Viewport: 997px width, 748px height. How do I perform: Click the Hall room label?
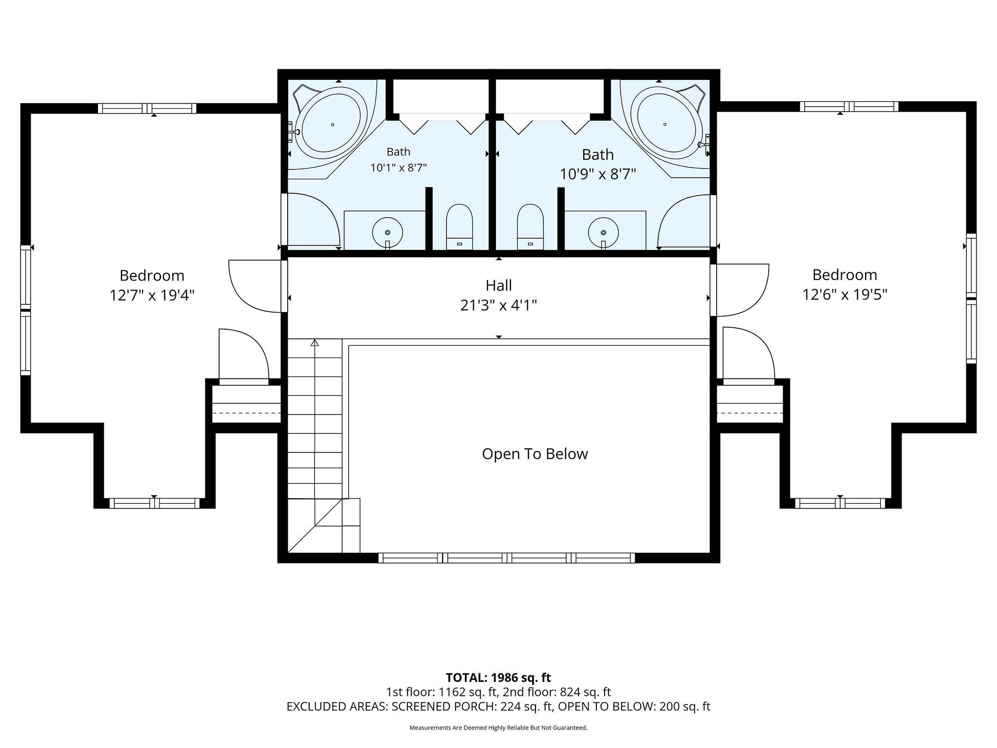[x=498, y=285]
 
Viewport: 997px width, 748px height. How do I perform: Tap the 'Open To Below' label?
[x=535, y=454]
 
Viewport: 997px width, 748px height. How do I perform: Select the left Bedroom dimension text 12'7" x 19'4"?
[x=152, y=296]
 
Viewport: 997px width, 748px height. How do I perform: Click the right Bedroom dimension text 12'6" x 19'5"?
[x=845, y=295]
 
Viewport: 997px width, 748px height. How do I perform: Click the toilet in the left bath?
[x=460, y=227]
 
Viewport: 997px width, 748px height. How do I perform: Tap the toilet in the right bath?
[x=530, y=227]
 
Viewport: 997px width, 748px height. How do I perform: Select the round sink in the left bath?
[x=388, y=232]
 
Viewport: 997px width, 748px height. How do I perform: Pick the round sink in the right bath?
[x=603, y=232]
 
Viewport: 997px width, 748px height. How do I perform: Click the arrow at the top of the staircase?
[x=314, y=343]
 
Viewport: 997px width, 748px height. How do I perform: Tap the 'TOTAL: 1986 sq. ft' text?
[x=498, y=677]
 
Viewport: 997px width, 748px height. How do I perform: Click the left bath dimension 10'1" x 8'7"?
[x=399, y=168]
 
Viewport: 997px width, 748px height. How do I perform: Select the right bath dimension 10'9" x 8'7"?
[x=598, y=174]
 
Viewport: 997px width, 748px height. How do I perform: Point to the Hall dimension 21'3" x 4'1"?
[x=498, y=305]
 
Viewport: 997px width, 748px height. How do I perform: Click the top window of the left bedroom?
[x=147, y=108]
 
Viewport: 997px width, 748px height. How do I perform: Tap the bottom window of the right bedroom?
[x=840, y=503]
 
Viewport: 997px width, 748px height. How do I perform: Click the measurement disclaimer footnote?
[x=498, y=728]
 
